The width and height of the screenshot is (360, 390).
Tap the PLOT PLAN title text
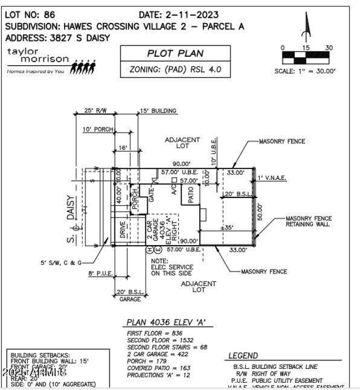pyautogui.click(x=175, y=54)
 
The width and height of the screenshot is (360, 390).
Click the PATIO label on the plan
pyautogui.click(x=191, y=195)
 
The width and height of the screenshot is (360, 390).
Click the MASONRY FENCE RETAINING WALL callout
pyautogui.click(x=309, y=222)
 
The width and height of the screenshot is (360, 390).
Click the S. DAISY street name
pyautogui.click(x=70, y=220)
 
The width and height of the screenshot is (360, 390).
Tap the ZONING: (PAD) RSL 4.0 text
pyautogui.click(x=175, y=70)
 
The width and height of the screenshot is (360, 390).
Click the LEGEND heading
pyautogui.click(x=243, y=356)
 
